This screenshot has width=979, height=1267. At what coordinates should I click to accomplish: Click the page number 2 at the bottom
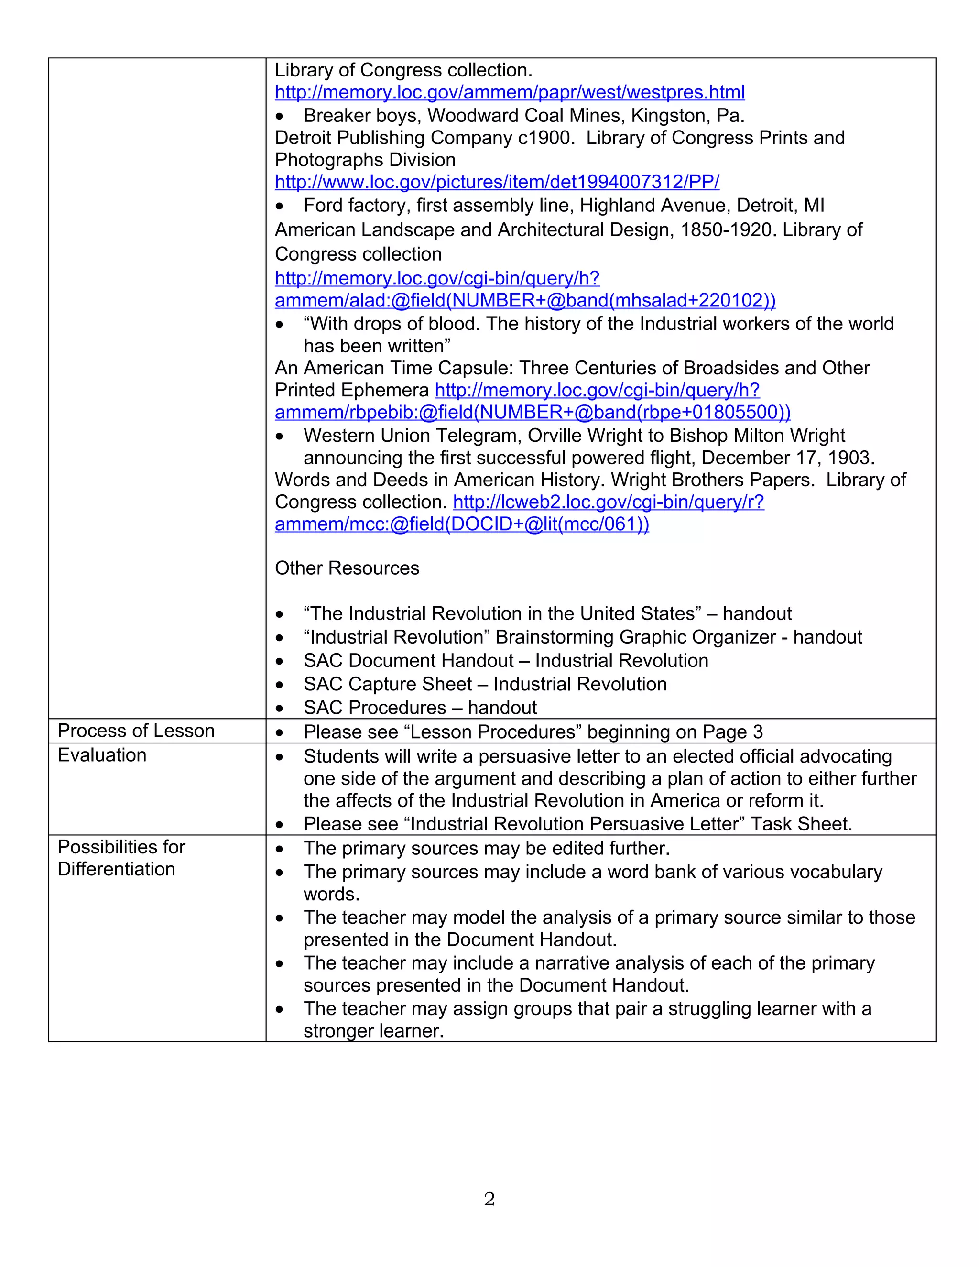click(x=489, y=1199)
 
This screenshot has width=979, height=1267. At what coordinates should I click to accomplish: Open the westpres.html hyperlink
click(x=509, y=92)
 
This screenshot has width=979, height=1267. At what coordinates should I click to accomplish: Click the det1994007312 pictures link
click(x=497, y=182)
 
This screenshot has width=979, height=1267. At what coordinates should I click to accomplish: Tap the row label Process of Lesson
click(x=136, y=731)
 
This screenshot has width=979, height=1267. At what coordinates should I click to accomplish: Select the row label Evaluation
click(x=102, y=755)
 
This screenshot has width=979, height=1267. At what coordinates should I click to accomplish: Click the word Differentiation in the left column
click(x=116, y=869)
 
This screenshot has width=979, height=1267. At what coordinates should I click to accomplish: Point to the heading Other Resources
click(x=347, y=568)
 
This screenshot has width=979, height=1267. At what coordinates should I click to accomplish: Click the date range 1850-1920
click(x=727, y=229)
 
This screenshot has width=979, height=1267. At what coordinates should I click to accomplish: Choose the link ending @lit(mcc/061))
click(x=462, y=524)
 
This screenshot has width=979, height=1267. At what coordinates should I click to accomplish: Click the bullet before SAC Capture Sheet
click(x=280, y=685)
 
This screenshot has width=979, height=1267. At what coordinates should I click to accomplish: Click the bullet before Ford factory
click(x=280, y=207)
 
